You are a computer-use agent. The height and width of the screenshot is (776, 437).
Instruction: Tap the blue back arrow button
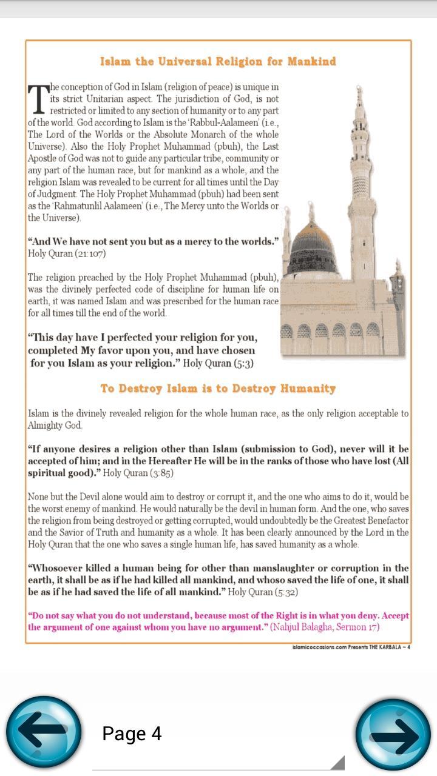pyautogui.click(x=44, y=734)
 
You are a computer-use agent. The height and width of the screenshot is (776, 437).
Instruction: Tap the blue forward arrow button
pyautogui.click(x=393, y=735)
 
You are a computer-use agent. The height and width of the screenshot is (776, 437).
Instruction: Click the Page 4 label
pyautogui.click(x=132, y=734)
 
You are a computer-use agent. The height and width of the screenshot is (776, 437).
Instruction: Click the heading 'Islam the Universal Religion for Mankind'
pyautogui.click(x=218, y=61)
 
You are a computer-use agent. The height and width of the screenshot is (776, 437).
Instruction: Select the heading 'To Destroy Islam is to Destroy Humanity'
pyautogui.click(x=218, y=388)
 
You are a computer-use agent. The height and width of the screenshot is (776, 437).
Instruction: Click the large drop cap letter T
pyautogui.click(x=37, y=99)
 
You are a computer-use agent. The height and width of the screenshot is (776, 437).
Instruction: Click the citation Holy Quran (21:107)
pyautogui.click(x=58, y=253)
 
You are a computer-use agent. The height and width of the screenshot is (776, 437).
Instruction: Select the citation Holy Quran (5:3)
pyautogui.click(x=218, y=363)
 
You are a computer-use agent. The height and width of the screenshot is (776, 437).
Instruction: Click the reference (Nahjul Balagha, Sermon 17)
pyautogui.click(x=328, y=627)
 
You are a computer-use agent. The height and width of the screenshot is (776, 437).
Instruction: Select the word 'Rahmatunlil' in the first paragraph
pyautogui.click(x=71, y=206)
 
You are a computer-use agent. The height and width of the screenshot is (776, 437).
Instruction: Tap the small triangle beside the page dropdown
pyautogui.click(x=337, y=762)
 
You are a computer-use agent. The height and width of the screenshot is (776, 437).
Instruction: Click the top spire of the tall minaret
pyautogui.click(x=359, y=94)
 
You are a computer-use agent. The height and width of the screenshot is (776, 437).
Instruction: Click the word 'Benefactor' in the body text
pyautogui.click(x=382, y=521)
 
